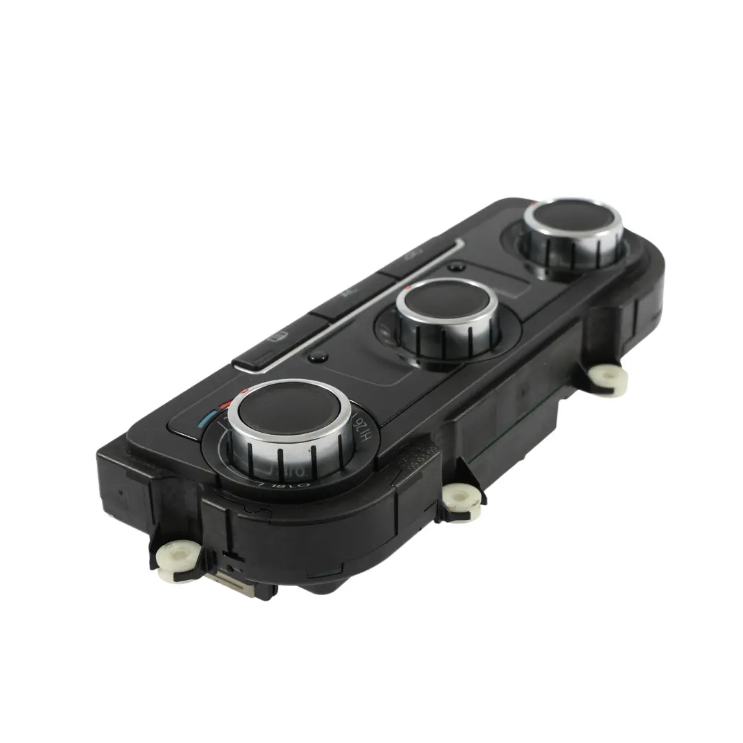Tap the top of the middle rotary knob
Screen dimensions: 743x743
447,303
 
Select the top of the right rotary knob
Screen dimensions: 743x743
572,217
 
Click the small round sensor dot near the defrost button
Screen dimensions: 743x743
317,356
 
